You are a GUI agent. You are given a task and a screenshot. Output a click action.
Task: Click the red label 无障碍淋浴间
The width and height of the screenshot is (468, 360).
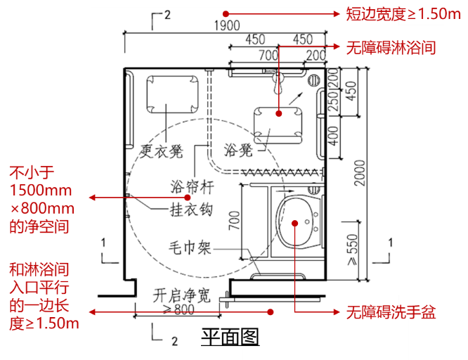tap(391, 48)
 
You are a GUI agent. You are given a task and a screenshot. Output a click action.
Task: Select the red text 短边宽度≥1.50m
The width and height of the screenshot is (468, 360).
tap(399, 13)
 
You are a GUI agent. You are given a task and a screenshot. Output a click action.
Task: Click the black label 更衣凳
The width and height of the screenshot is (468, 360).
tap(162, 150)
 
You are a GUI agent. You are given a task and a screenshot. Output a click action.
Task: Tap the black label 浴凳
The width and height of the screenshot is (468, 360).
tap(236, 150)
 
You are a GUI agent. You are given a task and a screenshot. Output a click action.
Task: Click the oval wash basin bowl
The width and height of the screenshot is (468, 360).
tap(295, 221)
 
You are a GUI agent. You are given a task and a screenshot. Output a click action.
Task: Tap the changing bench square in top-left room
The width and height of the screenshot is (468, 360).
tap(172, 91)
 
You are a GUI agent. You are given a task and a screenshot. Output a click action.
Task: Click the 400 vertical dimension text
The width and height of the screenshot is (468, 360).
tap(334, 132)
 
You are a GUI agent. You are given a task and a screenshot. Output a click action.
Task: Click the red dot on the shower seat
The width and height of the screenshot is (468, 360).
tap(279, 112)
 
